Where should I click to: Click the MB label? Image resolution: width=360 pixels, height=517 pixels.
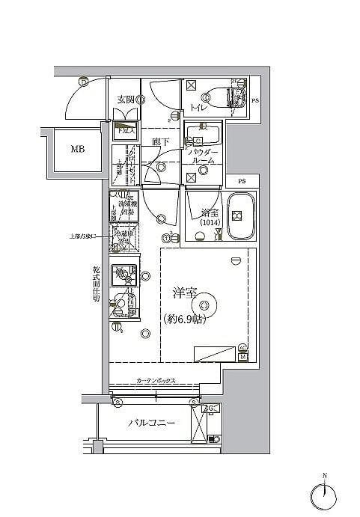pos(78,149)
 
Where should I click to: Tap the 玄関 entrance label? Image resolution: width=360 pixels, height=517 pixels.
pos(125,99)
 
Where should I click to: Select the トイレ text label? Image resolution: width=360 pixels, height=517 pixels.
pos(198,108)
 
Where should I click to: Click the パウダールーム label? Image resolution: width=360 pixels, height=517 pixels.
pos(204,156)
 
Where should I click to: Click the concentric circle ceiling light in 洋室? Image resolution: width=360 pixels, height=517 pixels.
pos(206,302)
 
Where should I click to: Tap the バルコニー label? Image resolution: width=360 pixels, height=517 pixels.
pos(151,423)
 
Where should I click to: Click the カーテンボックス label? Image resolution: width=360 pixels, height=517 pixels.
pos(156,381)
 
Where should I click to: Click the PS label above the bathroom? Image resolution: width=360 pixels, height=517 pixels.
pos(241,181)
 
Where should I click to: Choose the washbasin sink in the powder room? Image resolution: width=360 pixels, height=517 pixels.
pos(203,137)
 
